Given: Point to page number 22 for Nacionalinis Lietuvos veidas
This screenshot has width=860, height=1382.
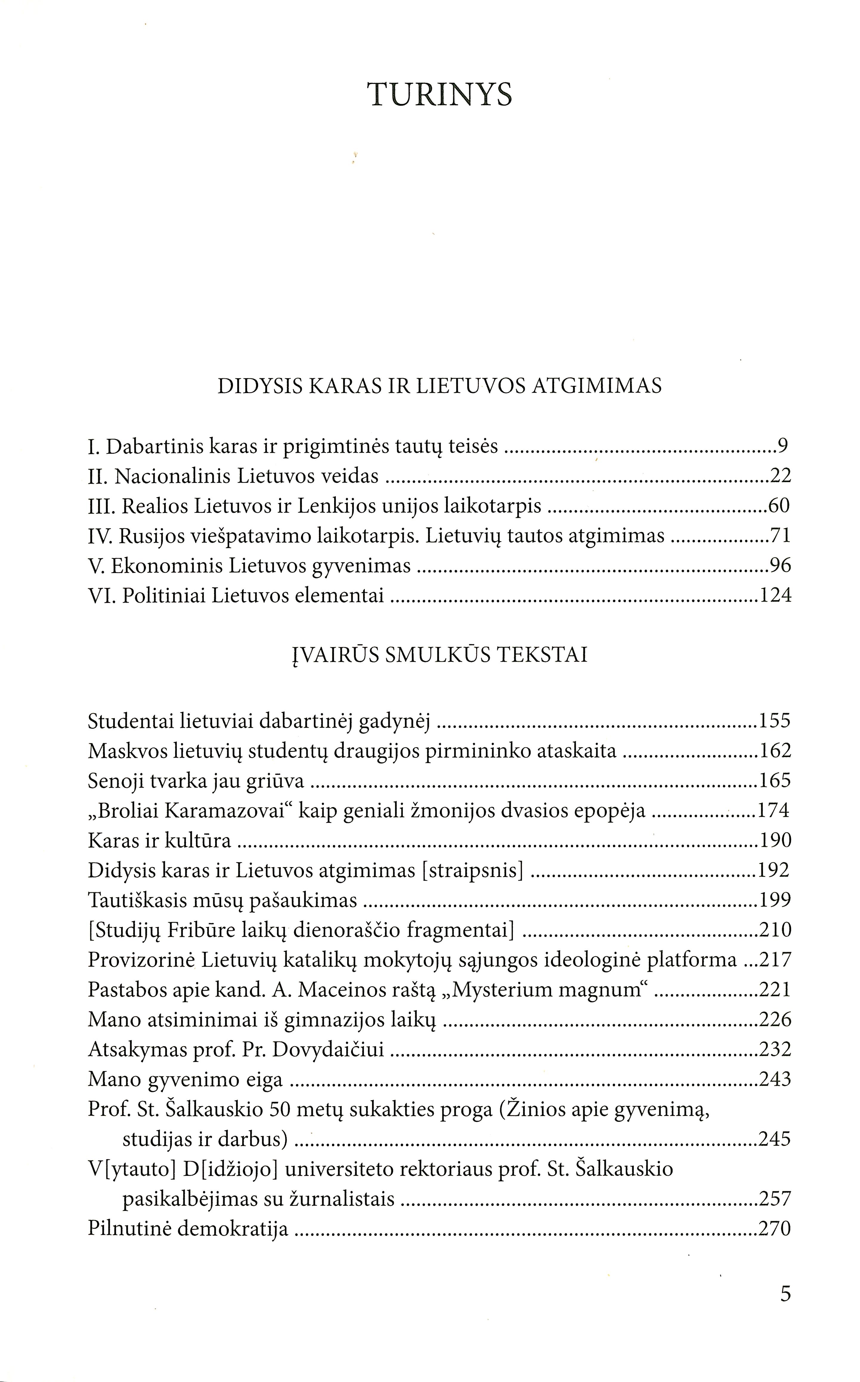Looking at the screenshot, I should click(780, 476).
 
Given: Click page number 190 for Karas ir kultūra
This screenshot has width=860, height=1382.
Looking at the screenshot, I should click(775, 841).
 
